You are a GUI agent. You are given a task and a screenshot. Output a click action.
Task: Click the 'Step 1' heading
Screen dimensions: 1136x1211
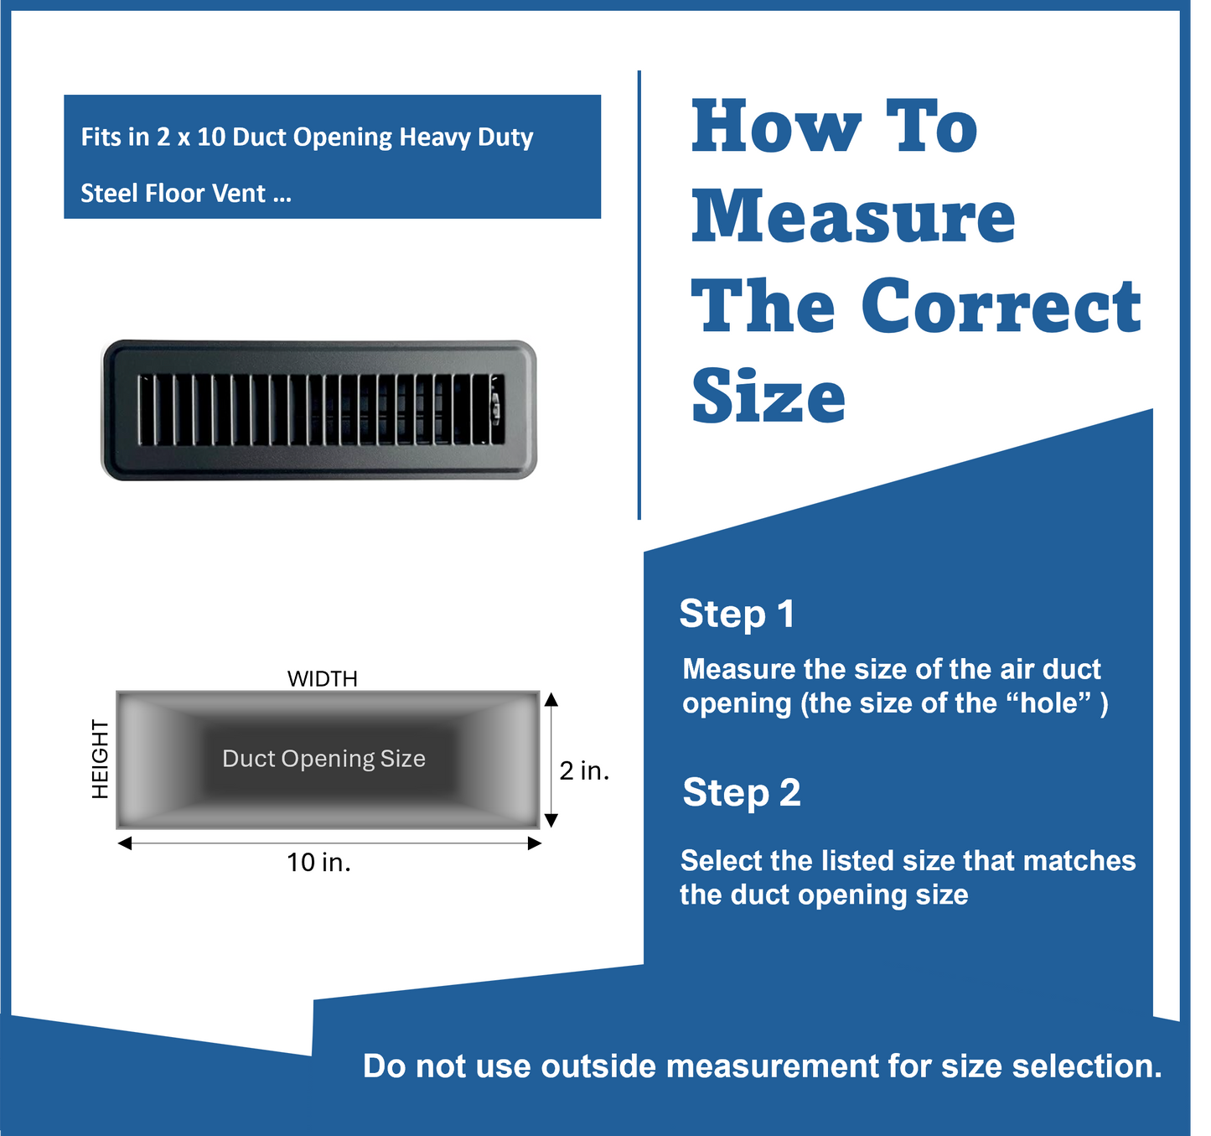(737, 614)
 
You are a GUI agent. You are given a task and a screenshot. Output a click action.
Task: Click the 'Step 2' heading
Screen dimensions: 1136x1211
(742, 792)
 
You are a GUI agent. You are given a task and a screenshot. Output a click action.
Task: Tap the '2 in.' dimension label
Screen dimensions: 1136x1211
(584, 770)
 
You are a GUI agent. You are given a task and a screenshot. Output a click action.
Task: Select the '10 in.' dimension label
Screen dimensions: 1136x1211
(318, 862)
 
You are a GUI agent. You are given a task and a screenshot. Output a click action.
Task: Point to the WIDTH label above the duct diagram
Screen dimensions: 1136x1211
(323, 678)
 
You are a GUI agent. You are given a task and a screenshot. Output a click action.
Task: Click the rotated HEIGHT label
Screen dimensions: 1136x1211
(101, 759)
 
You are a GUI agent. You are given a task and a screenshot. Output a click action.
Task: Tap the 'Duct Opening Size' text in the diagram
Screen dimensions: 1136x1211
(323, 759)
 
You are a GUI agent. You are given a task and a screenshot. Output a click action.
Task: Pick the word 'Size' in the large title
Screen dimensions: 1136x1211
(769, 396)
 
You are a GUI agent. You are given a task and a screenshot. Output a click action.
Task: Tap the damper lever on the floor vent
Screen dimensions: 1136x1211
(495, 408)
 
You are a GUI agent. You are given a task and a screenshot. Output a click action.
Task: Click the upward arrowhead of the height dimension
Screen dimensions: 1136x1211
(551, 699)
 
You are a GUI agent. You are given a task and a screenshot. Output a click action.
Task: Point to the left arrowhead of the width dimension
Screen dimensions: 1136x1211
(125, 843)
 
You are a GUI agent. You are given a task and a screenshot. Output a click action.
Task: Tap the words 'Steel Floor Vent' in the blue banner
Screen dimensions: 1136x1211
(173, 194)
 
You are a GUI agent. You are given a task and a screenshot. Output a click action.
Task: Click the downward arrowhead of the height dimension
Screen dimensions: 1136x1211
(551, 820)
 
